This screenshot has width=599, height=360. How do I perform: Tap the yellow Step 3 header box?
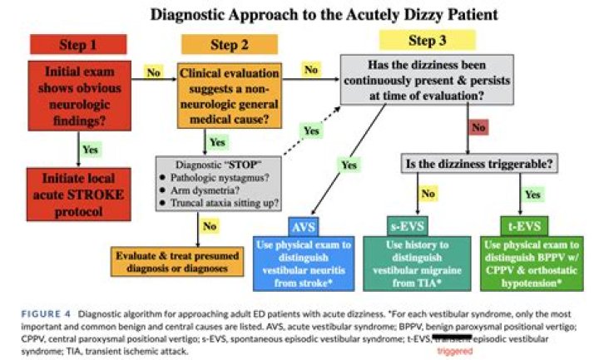(x=428, y=39)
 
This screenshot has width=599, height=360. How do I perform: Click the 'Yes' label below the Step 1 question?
(x=92, y=150)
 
